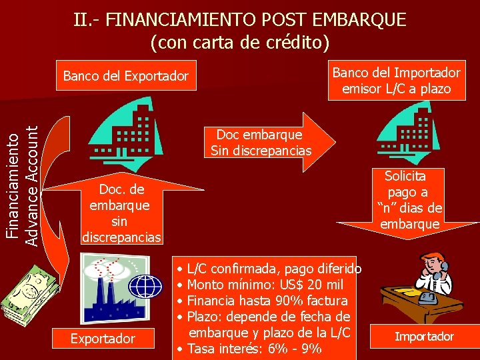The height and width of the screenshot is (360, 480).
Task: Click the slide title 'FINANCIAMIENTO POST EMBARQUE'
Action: click(x=240, y=20)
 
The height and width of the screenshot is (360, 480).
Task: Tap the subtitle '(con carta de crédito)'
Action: click(x=240, y=43)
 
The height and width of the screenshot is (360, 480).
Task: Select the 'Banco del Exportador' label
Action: click(x=126, y=76)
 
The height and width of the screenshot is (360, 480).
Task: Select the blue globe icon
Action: click(x=145, y=286)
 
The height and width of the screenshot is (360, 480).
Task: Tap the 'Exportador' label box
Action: click(x=103, y=339)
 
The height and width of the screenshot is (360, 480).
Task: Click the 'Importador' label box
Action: click(x=424, y=336)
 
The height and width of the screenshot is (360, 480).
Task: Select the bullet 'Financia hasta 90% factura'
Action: click(x=267, y=301)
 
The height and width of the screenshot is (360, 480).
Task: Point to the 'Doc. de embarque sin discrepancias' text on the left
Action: click(x=120, y=212)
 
